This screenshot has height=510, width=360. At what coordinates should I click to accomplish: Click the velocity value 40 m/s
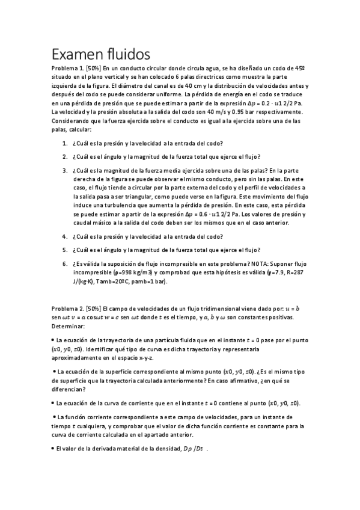[248, 112]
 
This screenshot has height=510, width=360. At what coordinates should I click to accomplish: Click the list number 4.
[64, 236]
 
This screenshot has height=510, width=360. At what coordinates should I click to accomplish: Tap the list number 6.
[64, 263]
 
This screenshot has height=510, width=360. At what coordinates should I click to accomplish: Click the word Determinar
[69, 325]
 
